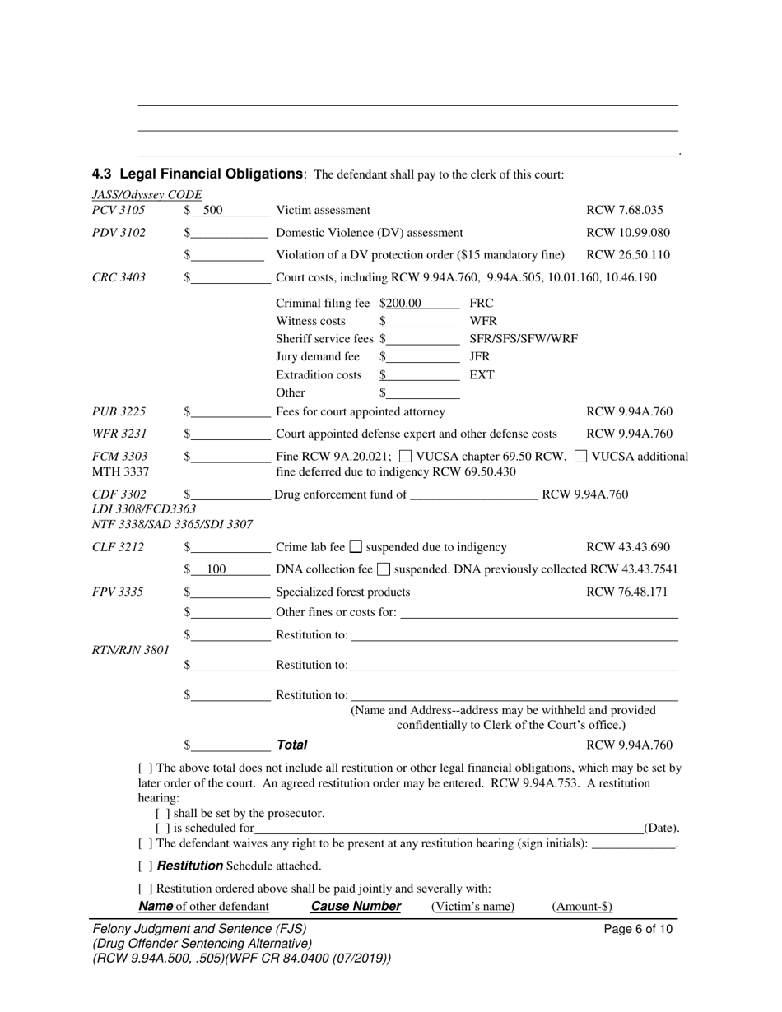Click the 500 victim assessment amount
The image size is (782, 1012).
click(x=212, y=211)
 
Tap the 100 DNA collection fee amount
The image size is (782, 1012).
click(x=216, y=569)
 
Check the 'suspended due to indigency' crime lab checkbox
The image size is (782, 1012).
click(x=356, y=546)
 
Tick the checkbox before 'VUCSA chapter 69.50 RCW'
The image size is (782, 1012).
click(x=405, y=456)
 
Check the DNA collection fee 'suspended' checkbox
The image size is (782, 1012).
click(x=383, y=569)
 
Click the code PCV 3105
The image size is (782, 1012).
click(x=119, y=211)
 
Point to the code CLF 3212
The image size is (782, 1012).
click(x=119, y=547)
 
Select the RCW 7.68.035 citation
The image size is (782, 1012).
click(x=624, y=211)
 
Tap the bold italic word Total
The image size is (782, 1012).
click(x=291, y=745)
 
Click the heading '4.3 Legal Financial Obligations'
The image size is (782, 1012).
click(x=198, y=174)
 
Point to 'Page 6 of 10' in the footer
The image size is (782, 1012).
click(x=638, y=930)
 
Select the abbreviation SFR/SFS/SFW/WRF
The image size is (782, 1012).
click(x=523, y=339)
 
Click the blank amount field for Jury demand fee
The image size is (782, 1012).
click(x=422, y=357)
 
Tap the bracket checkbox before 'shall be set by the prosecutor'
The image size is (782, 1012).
click(x=162, y=813)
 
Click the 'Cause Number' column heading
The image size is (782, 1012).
click(x=356, y=907)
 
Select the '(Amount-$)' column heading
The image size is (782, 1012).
click(x=582, y=907)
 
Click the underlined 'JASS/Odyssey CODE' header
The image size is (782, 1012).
click(x=147, y=195)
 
